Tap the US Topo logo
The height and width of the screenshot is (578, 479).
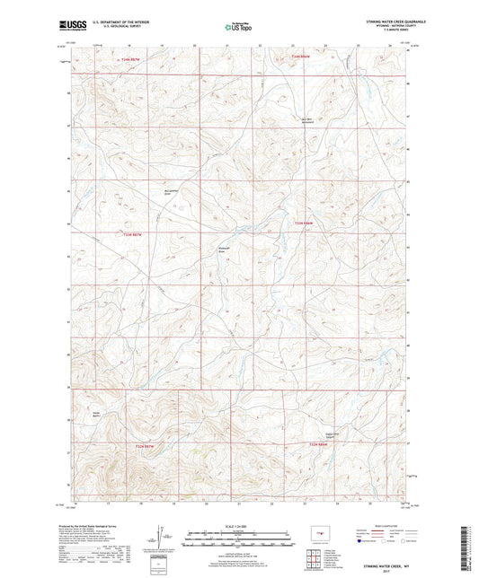pyautogui.click(x=237, y=28)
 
